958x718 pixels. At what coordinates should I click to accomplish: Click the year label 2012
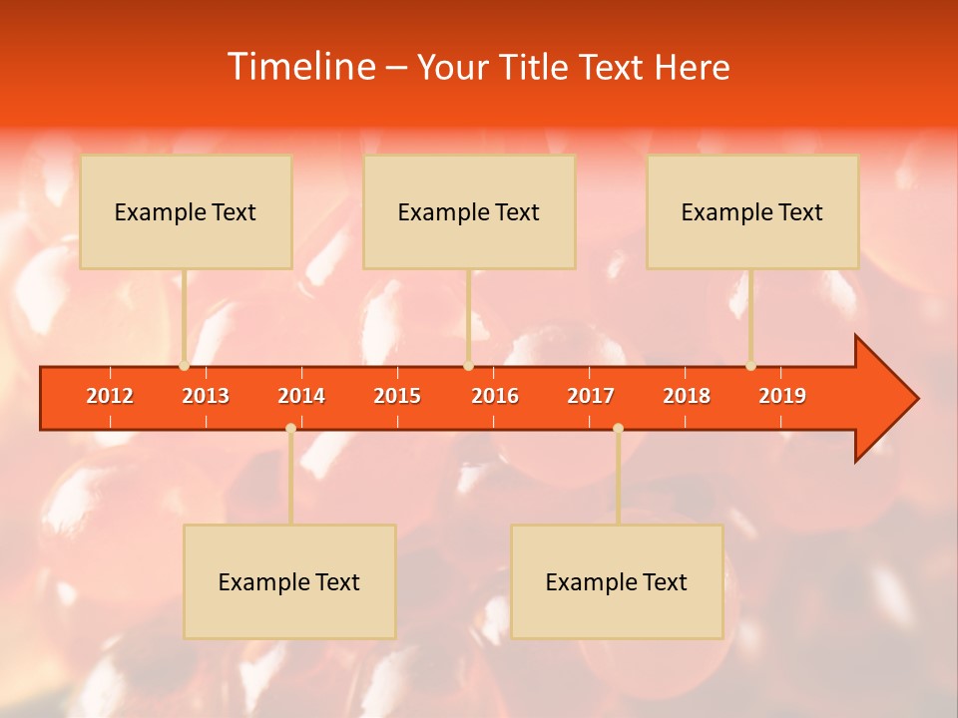pyautogui.click(x=110, y=396)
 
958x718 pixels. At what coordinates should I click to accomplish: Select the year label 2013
pyautogui.click(x=206, y=396)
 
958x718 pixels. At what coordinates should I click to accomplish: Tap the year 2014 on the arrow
pyautogui.click(x=301, y=396)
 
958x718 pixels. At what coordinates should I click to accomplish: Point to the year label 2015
pyautogui.click(x=397, y=396)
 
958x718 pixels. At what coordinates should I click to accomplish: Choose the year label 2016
pyautogui.click(x=495, y=396)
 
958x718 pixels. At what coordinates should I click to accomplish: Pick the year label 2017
pyautogui.click(x=591, y=396)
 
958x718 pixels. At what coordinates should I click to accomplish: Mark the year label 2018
pyautogui.click(x=687, y=396)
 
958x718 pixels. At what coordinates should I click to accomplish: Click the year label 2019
pyautogui.click(x=782, y=396)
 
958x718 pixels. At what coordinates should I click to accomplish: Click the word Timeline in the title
pyautogui.click(x=300, y=67)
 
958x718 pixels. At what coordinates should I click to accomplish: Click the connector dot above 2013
pyautogui.click(x=185, y=366)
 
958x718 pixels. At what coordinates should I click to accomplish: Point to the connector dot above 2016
pyautogui.click(x=468, y=366)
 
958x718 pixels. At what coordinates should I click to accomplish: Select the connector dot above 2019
pyautogui.click(x=750, y=366)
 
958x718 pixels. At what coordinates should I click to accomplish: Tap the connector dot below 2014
pyautogui.click(x=290, y=429)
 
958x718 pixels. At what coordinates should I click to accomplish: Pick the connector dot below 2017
pyautogui.click(x=618, y=429)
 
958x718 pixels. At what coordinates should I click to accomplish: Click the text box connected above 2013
pyautogui.click(x=186, y=211)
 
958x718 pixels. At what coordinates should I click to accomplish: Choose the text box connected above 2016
pyautogui.click(x=469, y=211)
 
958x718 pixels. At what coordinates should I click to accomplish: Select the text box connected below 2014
pyautogui.click(x=289, y=581)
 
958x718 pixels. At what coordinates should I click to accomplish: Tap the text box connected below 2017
pyautogui.click(x=617, y=581)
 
